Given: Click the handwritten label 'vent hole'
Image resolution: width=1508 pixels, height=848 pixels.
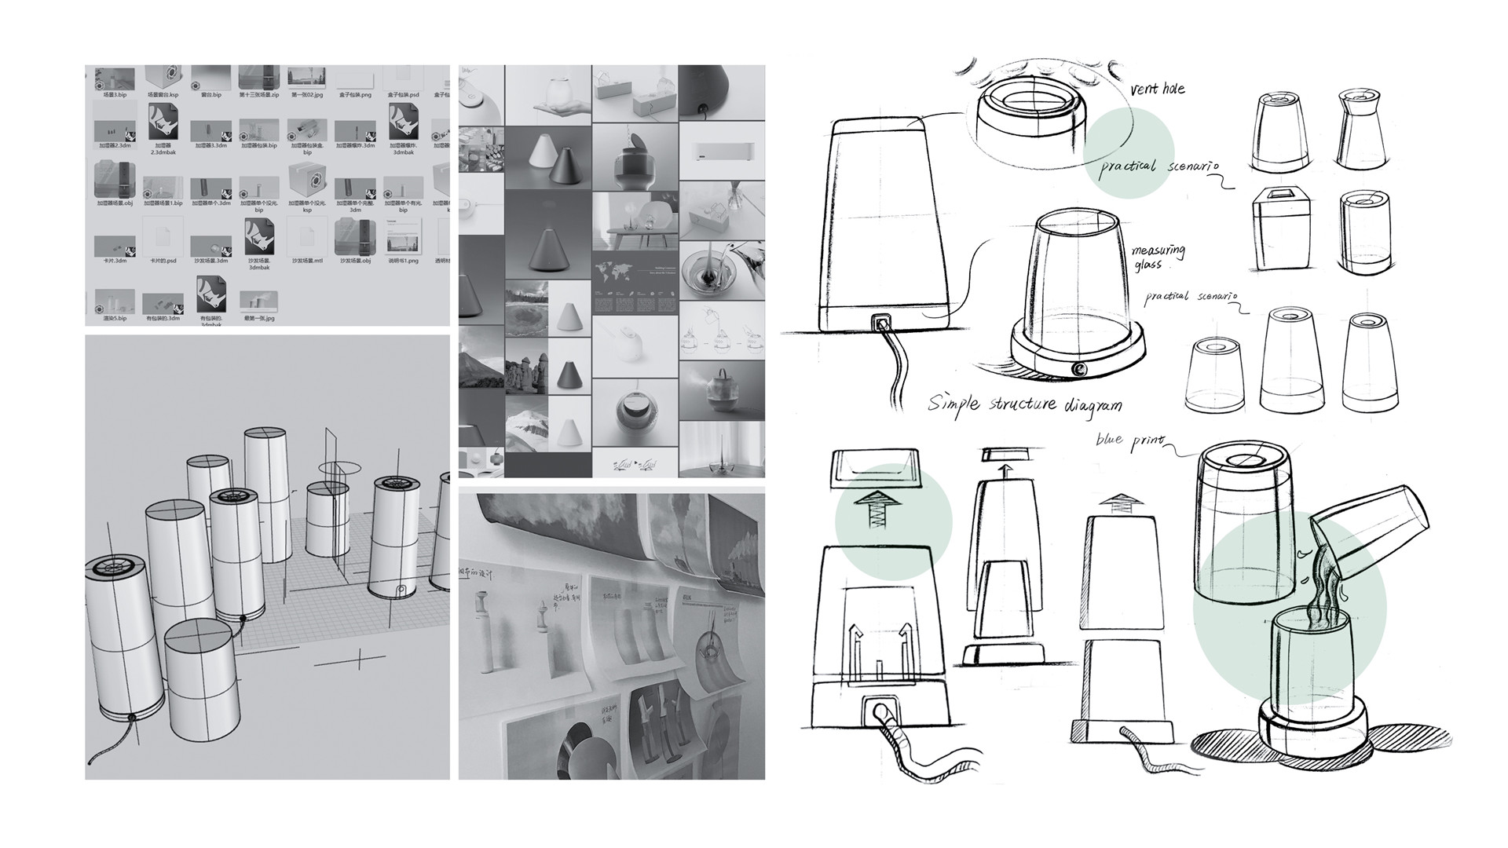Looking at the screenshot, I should click(1157, 88).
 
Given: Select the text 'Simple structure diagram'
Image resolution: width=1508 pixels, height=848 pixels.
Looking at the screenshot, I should click(1025, 404).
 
